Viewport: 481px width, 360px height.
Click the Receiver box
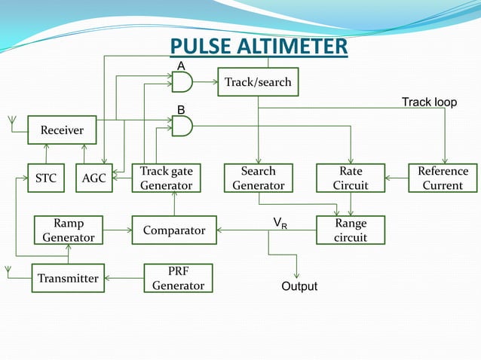[x=62, y=130]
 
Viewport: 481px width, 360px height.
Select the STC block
[x=47, y=178]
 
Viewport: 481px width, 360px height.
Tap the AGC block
[x=94, y=178]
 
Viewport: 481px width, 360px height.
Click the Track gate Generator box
[x=166, y=178]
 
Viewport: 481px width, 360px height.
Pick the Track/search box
[x=258, y=81]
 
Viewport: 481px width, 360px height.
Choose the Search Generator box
[x=258, y=178]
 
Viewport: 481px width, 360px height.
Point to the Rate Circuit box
[x=351, y=178]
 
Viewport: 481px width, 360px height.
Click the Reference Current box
[x=443, y=178]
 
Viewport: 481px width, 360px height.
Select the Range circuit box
[x=351, y=230]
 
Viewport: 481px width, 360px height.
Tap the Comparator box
[x=174, y=230]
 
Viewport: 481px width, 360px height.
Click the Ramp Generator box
[x=69, y=230]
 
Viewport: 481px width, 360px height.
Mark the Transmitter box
[x=69, y=278]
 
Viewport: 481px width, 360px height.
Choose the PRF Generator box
[x=178, y=278]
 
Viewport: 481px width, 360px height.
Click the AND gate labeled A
[x=182, y=81]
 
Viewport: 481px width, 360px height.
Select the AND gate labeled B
[x=182, y=126]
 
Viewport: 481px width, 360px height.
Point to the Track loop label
[x=429, y=102]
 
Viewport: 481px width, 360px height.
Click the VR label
[x=280, y=222]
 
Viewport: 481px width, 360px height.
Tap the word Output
[x=299, y=287]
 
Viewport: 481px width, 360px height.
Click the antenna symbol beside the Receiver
[x=11, y=120]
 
